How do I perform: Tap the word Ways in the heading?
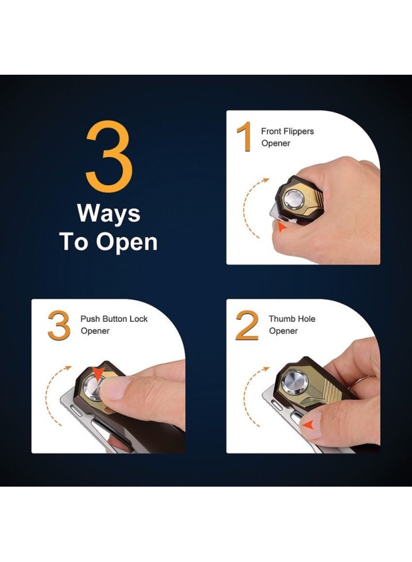pos(109,213)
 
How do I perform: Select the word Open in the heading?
pos(126,242)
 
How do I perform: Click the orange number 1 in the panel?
pos(245,137)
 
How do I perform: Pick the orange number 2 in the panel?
pos(247,326)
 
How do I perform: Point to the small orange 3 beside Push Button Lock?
pos(59,326)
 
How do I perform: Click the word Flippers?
pos(298,132)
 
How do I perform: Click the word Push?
pos(90,319)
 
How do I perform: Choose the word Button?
pos(115,319)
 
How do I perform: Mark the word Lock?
pos(139,319)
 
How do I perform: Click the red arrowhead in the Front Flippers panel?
pos(282,227)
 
